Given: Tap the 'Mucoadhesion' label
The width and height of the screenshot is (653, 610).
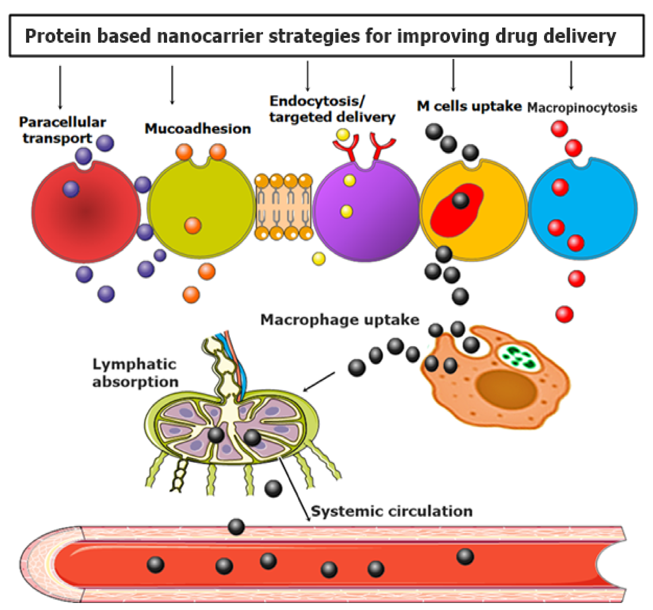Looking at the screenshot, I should click(x=198, y=129).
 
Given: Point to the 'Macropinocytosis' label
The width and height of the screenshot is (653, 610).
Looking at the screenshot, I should click(x=582, y=108).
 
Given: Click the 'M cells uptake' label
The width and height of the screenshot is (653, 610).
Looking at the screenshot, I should click(x=469, y=106).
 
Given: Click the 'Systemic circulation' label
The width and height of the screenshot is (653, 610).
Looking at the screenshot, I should click(x=391, y=511).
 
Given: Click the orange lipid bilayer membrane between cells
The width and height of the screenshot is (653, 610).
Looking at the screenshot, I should click(x=284, y=207).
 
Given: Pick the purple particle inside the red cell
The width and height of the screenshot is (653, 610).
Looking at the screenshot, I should click(x=71, y=189).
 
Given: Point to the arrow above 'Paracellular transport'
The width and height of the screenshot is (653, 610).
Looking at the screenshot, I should click(x=60, y=87).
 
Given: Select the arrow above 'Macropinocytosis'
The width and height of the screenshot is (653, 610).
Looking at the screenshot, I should click(x=571, y=75).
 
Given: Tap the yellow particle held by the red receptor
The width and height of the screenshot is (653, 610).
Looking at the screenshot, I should click(x=343, y=135).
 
